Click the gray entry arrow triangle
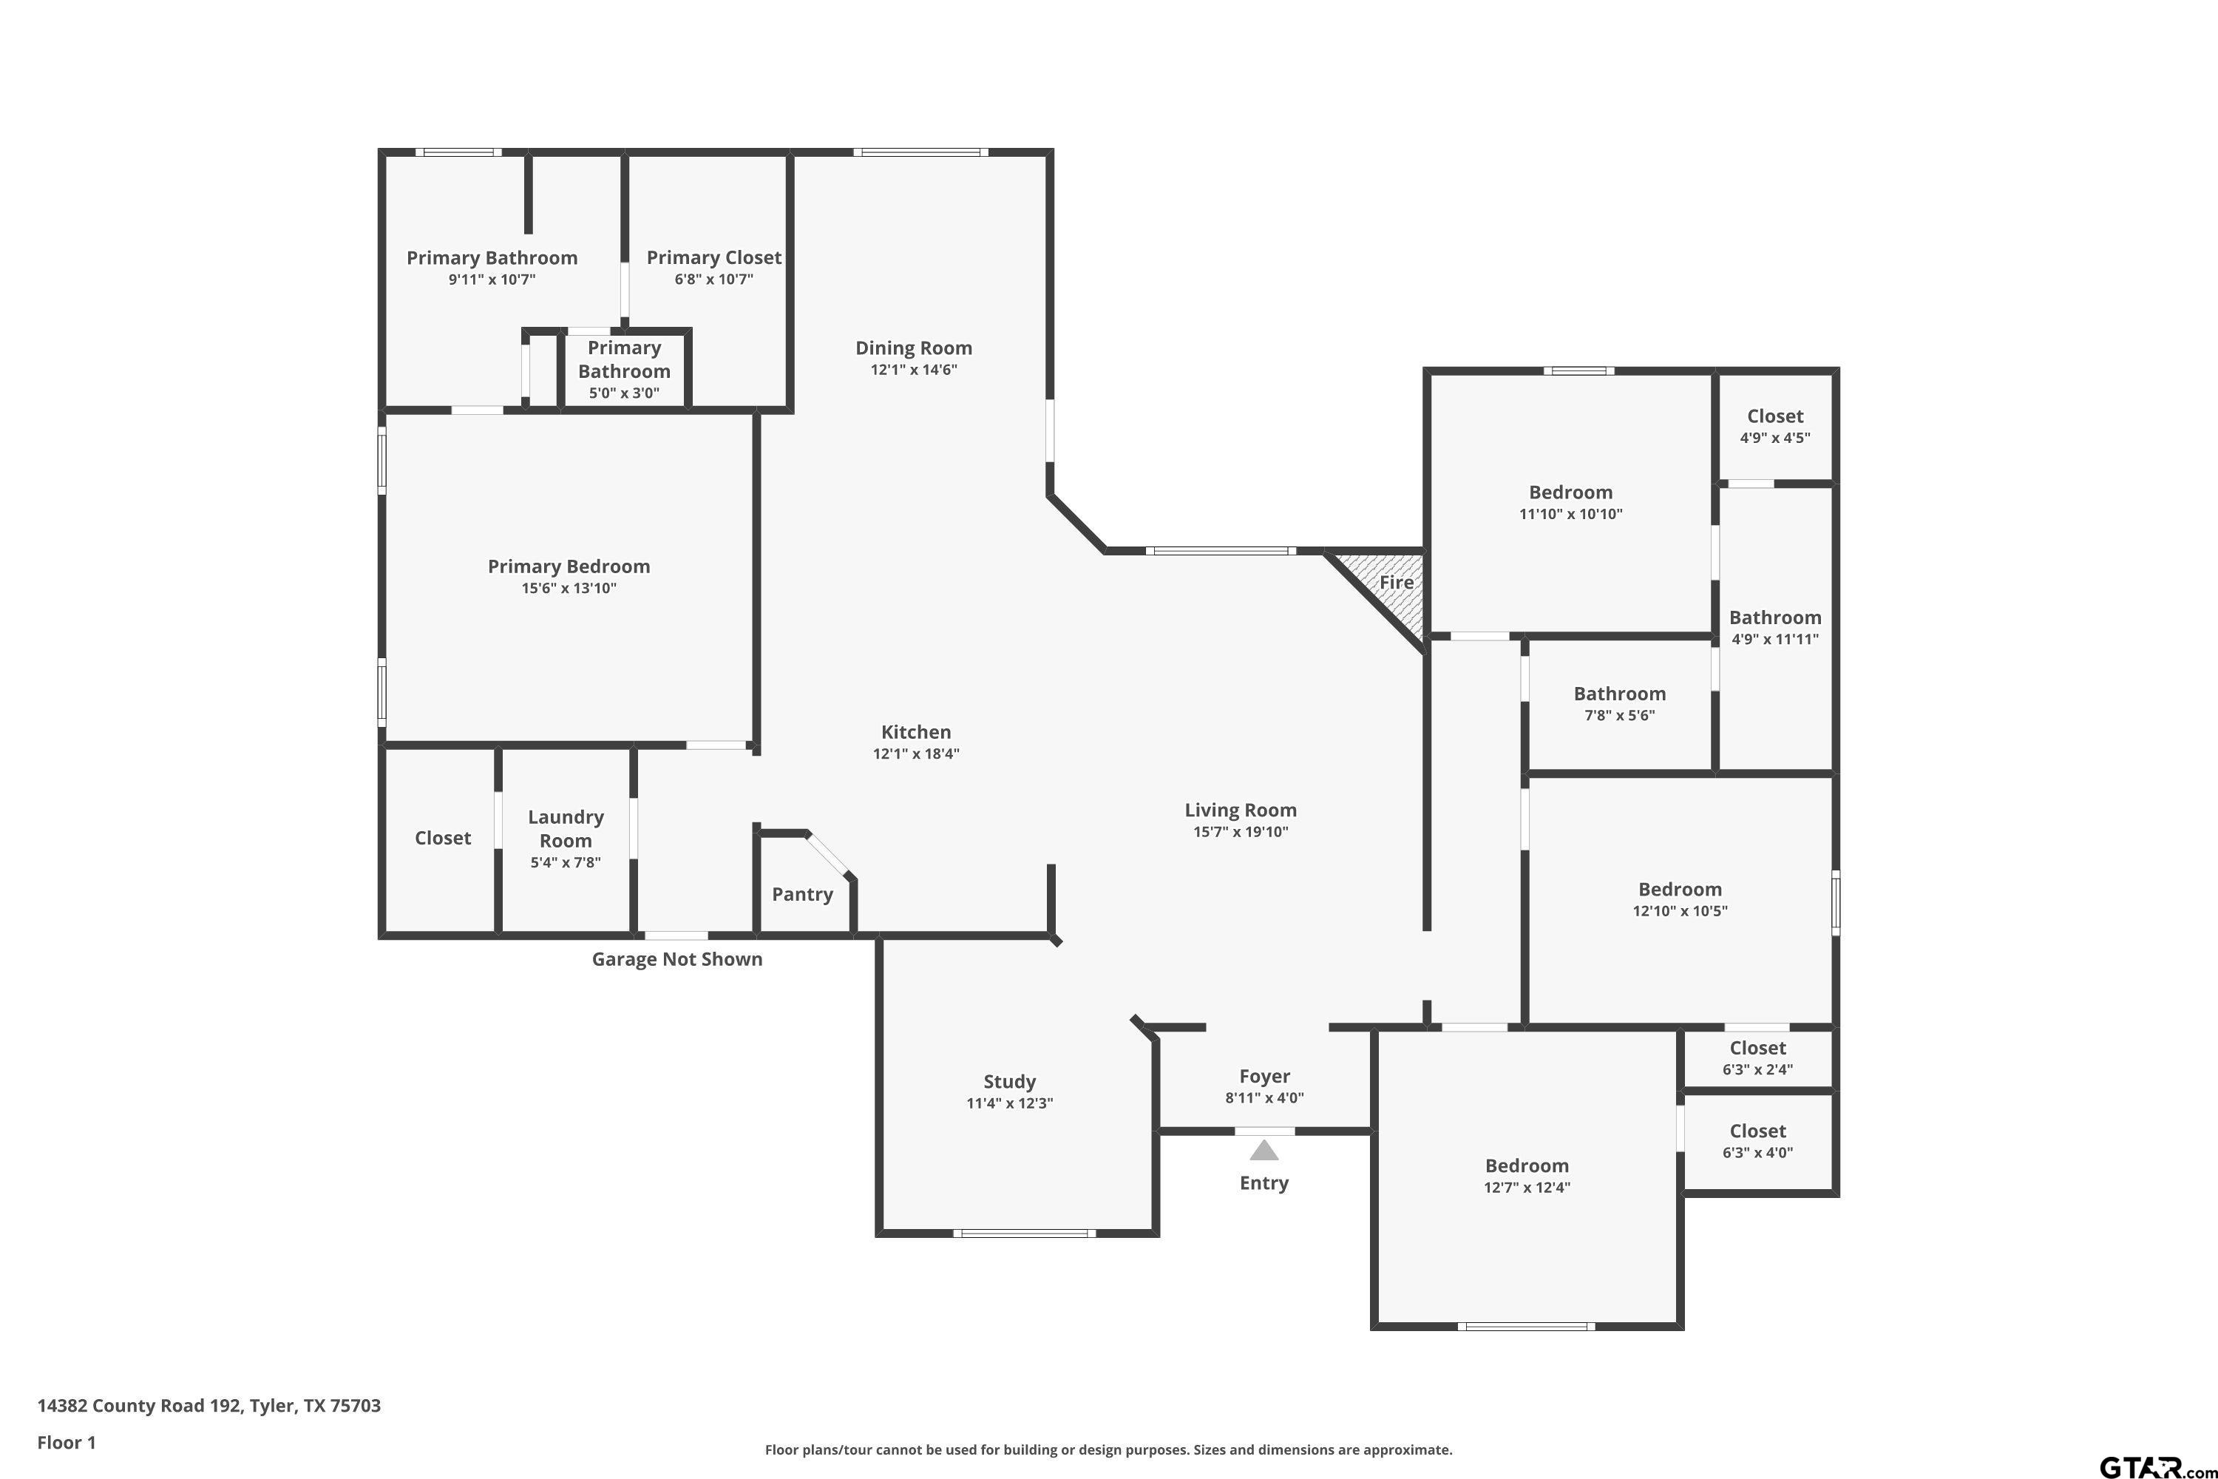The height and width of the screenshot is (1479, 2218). (1264, 1151)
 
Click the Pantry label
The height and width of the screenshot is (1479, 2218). (802, 894)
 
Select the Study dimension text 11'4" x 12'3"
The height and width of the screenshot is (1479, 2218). (1009, 1103)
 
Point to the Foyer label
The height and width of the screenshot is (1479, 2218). (1264, 1076)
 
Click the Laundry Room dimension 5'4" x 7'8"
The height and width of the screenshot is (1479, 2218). (565, 862)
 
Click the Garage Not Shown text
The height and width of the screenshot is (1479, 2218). (677, 959)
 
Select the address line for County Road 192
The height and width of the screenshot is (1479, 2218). (208, 1406)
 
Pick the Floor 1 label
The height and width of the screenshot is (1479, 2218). (66, 1442)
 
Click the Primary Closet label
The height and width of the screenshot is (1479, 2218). (714, 257)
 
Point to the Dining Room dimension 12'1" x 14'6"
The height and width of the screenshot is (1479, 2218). (914, 369)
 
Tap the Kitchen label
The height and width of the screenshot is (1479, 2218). (916, 732)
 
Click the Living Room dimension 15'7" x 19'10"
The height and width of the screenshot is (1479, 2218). (1240, 831)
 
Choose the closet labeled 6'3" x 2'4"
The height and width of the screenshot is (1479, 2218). (1758, 1057)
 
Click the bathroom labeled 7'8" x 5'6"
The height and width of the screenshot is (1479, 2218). (1619, 704)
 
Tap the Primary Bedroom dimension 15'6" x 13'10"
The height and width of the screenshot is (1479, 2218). (569, 588)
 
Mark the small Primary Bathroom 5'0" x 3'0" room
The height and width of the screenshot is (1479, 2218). (624, 370)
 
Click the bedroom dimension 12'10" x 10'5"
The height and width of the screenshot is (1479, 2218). (1680, 910)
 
